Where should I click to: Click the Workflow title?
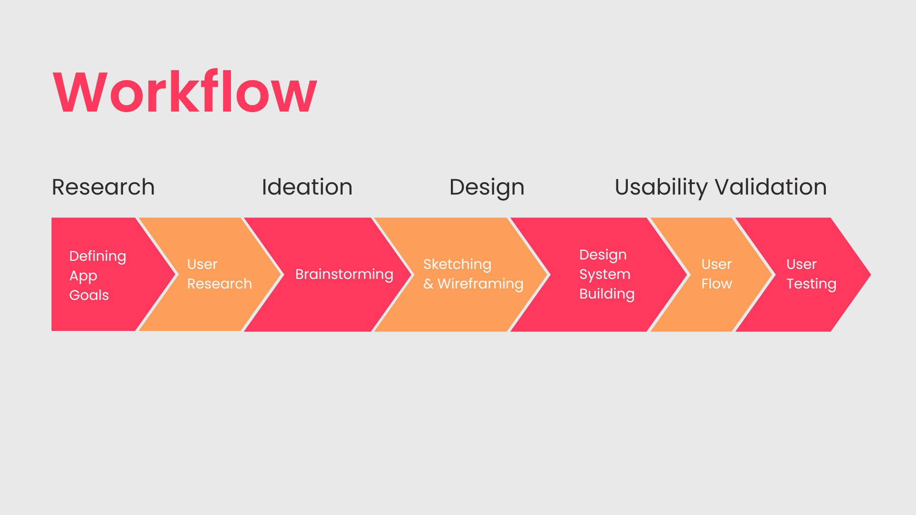click(185, 92)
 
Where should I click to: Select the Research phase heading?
click(103, 187)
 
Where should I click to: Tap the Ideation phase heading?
click(307, 187)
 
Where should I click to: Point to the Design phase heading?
click(487, 187)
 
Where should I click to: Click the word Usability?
click(661, 187)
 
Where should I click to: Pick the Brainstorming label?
click(344, 274)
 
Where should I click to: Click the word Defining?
click(97, 256)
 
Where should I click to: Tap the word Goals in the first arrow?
click(89, 295)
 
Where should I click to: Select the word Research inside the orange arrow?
click(219, 284)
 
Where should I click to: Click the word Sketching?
click(457, 264)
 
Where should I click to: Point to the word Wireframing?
click(480, 284)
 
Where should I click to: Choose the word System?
click(604, 274)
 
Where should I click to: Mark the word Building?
click(606, 294)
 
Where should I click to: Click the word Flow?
click(716, 284)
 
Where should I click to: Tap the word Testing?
click(811, 284)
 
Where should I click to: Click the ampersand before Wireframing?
click(428, 284)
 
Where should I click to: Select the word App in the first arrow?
click(83, 276)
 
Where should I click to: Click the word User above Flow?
click(716, 264)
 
